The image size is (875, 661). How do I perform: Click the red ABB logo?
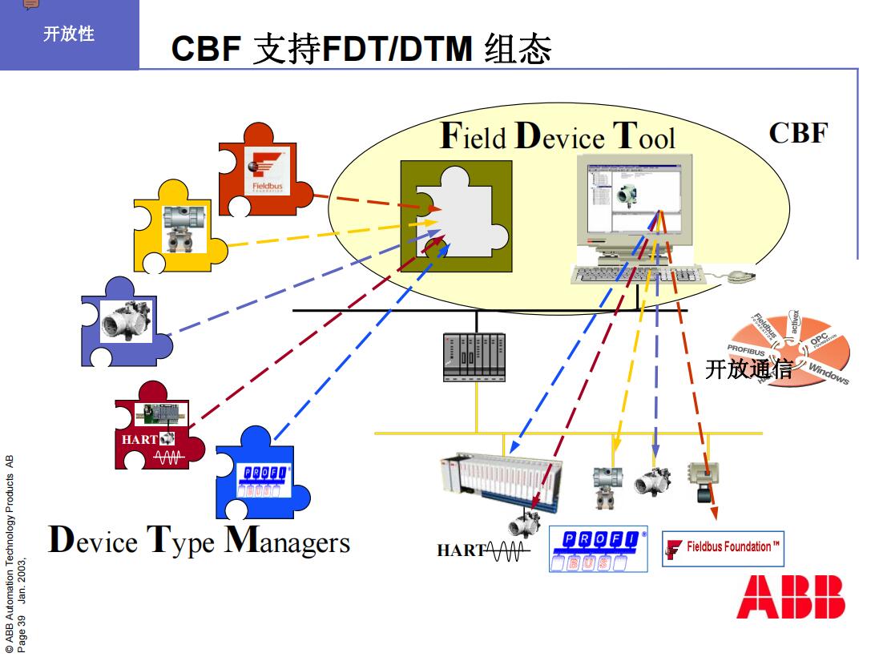click(791, 598)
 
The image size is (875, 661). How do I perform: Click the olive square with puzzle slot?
click(456, 215)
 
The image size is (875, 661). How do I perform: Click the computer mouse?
click(738, 276)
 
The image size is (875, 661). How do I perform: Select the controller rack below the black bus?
click(474, 356)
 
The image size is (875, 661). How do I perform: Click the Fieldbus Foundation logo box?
click(723, 548)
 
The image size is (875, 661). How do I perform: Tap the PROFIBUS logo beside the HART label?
click(598, 549)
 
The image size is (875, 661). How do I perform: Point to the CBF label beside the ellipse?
click(798, 132)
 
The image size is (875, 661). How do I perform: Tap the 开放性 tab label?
click(69, 34)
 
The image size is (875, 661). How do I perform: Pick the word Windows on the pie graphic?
click(829, 373)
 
